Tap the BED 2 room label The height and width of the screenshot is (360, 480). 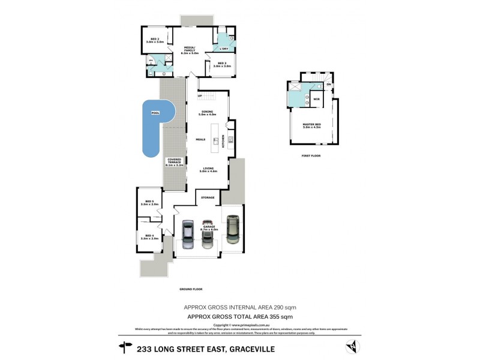(x=155, y=40)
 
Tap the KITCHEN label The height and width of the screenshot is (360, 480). (x=223, y=142)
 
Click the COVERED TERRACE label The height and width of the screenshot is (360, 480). (x=175, y=163)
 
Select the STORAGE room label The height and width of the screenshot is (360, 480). (x=208, y=197)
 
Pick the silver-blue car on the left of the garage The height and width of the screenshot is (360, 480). (x=187, y=235)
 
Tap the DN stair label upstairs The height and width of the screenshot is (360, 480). (x=328, y=83)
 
